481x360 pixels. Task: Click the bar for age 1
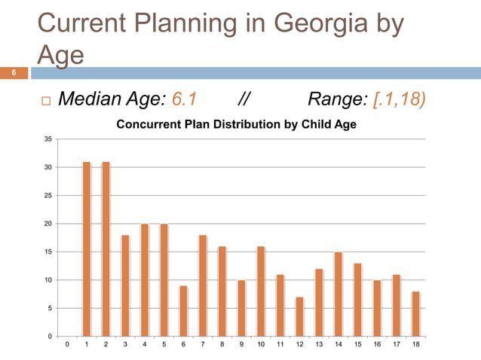pos(87,249)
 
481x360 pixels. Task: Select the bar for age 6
pos(183,311)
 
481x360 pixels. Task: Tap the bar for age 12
pos(299,316)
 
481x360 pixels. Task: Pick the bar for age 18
pos(416,313)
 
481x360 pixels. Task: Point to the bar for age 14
pos(339,294)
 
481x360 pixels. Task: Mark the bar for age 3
pos(125,285)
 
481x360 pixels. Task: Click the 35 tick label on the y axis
pos(48,139)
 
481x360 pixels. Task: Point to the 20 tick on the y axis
pos(48,224)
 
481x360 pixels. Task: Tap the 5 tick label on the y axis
pos(50,309)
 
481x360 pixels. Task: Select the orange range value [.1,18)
pos(395,99)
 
